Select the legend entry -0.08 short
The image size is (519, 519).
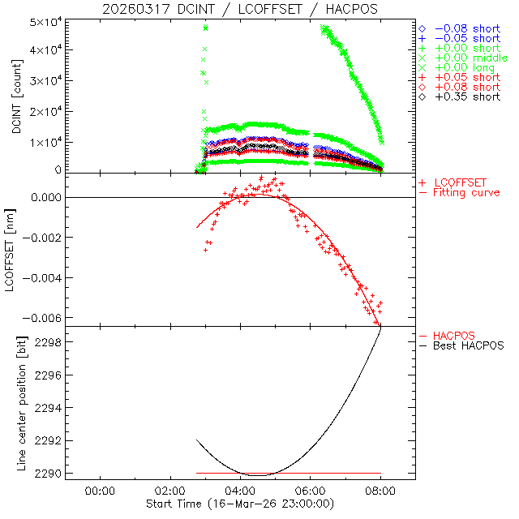point(466,27)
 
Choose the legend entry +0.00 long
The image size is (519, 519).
point(465,70)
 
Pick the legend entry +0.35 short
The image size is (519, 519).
point(466,97)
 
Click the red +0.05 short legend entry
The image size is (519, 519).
point(466,77)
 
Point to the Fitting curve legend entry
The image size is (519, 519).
point(465,192)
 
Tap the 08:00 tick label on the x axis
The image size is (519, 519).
point(380,491)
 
